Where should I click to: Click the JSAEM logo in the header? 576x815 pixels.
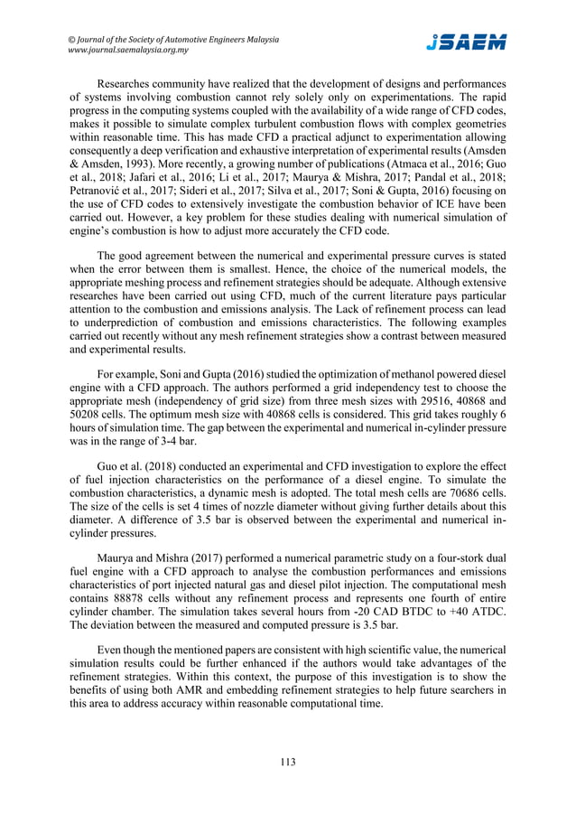pos(466,42)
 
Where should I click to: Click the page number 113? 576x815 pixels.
pos(288,761)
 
